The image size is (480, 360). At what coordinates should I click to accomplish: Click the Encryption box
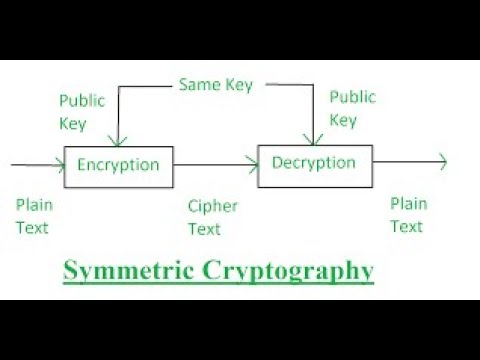pos(118,165)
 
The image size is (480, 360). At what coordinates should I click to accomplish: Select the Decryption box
pos(313,163)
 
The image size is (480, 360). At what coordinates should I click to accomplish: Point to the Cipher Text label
pos(211,217)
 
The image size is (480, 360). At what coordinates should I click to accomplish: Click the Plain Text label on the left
pos(32,215)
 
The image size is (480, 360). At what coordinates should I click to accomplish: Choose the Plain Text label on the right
pos(407,215)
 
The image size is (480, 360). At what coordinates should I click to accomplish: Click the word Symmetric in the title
pos(127,270)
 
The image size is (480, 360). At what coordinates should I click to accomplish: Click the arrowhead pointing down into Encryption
pos(119,140)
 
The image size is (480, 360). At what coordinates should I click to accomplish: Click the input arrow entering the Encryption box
pos(35,164)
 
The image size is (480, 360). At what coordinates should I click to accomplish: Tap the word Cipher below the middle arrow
pos(212,206)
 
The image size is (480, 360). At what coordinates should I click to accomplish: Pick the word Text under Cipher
pos(205,229)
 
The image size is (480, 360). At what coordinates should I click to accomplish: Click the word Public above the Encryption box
pos(82,100)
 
